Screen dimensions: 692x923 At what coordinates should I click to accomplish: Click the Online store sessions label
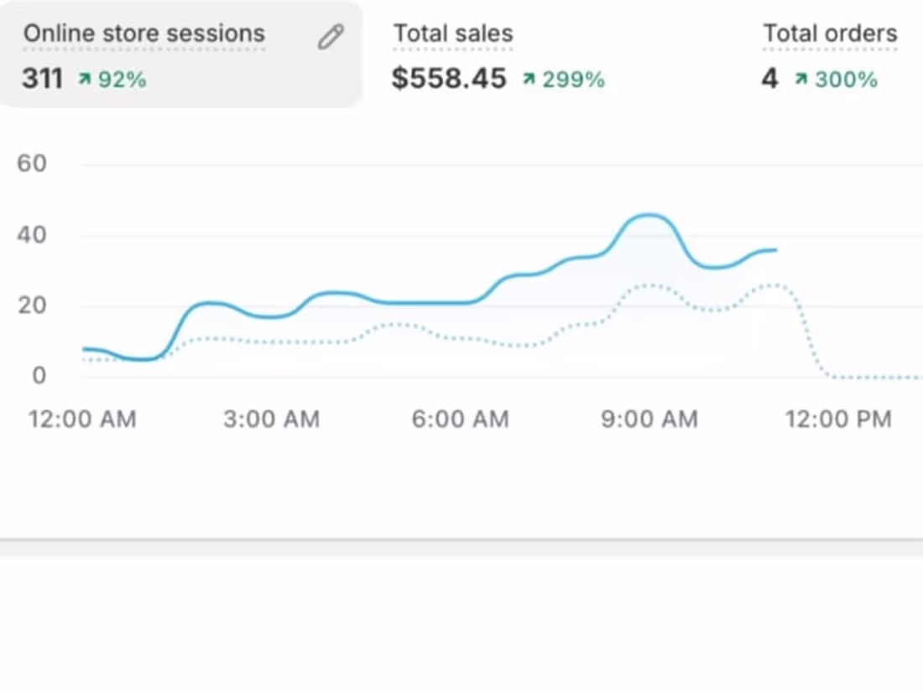(x=143, y=34)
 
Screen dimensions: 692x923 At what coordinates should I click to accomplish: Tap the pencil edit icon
(x=331, y=37)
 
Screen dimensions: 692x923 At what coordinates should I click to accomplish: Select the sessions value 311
(x=43, y=79)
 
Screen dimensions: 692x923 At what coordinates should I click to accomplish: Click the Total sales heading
(x=453, y=34)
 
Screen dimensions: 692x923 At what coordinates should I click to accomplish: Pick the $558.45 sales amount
(x=449, y=79)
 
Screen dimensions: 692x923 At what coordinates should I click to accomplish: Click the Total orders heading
(x=830, y=34)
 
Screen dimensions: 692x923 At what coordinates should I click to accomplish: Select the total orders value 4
(x=769, y=79)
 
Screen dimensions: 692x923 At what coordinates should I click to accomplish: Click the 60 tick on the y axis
(x=31, y=164)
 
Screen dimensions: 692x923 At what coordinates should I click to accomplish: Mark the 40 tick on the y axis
(x=31, y=235)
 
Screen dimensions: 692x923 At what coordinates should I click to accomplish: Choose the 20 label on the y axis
(x=31, y=305)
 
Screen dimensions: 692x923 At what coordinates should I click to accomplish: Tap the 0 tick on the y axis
(x=39, y=376)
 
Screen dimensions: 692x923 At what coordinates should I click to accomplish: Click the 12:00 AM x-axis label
(x=82, y=419)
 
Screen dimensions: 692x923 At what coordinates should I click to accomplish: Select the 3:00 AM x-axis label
(x=271, y=419)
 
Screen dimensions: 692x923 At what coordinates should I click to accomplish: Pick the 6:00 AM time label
(x=460, y=419)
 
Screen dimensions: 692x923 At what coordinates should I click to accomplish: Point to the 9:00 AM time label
(x=649, y=419)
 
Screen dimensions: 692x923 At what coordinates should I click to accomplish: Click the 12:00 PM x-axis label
(x=837, y=419)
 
